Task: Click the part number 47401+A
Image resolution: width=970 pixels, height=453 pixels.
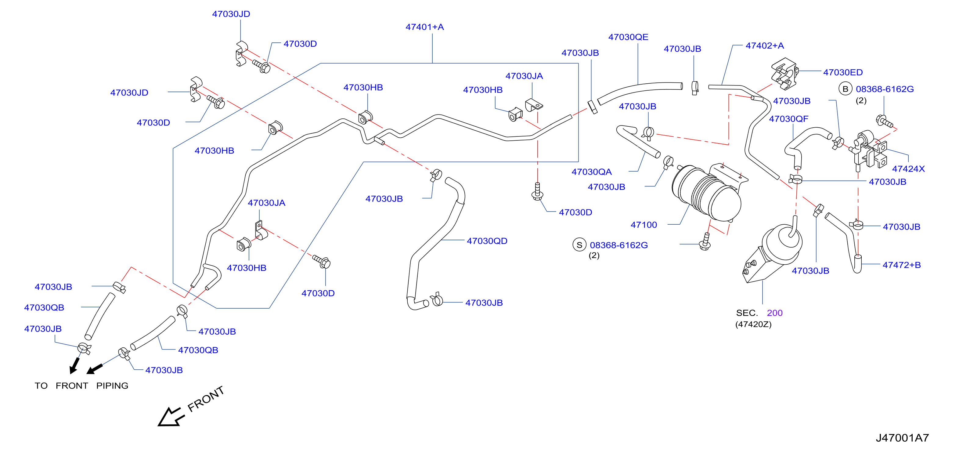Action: (424, 27)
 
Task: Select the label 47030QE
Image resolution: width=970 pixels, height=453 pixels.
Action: (628, 37)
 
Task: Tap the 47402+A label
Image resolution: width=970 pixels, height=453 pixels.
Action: (765, 46)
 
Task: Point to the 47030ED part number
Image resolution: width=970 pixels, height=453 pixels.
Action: (843, 72)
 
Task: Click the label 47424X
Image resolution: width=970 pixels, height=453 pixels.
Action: (908, 169)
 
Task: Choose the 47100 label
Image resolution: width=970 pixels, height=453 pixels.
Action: (644, 225)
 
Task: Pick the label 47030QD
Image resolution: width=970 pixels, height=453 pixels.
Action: (487, 241)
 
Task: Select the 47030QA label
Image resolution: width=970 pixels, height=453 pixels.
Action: (592, 172)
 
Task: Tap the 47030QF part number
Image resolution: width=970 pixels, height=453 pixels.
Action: (788, 119)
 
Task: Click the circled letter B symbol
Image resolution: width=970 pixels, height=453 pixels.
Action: (846, 89)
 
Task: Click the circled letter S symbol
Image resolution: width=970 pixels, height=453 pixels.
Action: (579, 245)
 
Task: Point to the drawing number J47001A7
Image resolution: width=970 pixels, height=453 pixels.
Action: (902, 438)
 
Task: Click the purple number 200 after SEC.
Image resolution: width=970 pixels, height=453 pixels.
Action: (775, 313)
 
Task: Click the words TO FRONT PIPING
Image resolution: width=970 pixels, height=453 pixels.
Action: (81, 386)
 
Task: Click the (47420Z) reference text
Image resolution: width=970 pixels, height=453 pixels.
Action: (753, 324)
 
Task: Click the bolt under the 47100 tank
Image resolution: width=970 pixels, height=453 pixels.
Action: (705, 242)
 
